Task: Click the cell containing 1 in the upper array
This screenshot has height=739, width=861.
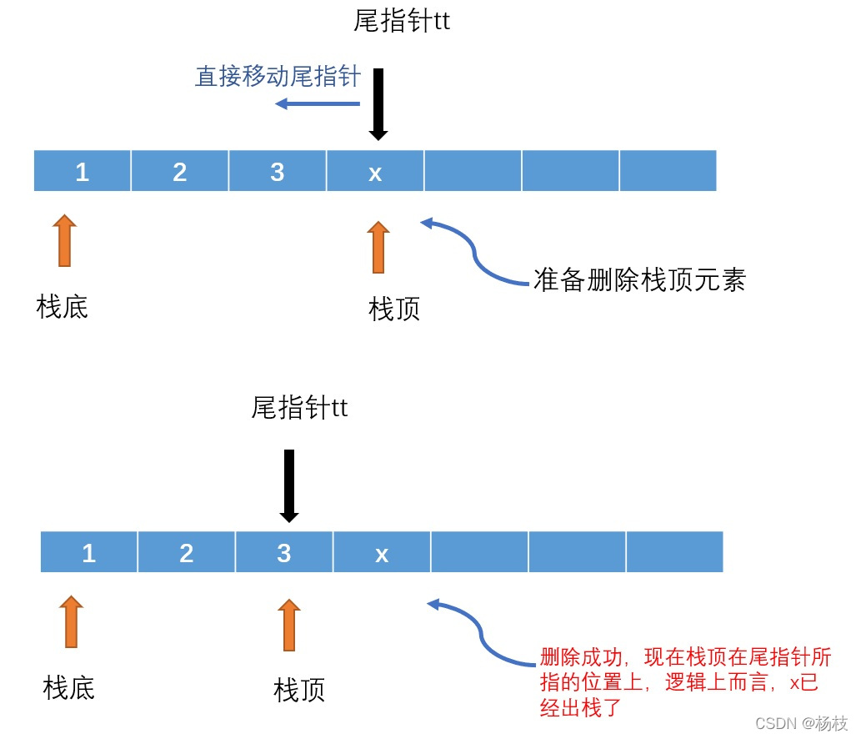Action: tap(82, 171)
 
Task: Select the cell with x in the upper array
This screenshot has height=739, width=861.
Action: tap(375, 171)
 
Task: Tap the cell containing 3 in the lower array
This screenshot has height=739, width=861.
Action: tap(284, 553)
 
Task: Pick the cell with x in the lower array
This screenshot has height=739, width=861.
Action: tap(382, 553)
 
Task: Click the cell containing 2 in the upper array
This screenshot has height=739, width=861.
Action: tap(179, 171)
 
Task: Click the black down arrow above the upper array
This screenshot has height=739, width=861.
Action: tap(378, 104)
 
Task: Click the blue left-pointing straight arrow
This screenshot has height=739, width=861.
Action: tap(318, 103)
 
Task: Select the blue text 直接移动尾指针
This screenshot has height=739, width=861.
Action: tap(278, 78)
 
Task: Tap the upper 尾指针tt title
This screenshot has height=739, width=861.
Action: tap(402, 22)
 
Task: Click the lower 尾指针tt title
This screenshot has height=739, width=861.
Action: tap(299, 408)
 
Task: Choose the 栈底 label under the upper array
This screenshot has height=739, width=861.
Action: tap(63, 307)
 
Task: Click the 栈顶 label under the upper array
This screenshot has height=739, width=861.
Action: tap(394, 309)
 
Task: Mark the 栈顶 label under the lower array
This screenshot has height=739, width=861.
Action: tap(299, 690)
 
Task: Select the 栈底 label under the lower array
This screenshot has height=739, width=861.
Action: tap(68, 688)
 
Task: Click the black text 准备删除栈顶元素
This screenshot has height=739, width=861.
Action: tap(639, 280)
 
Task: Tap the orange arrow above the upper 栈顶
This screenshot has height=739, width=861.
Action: tap(378, 247)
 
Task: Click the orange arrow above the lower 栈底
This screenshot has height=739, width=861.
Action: tap(72, 621)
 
